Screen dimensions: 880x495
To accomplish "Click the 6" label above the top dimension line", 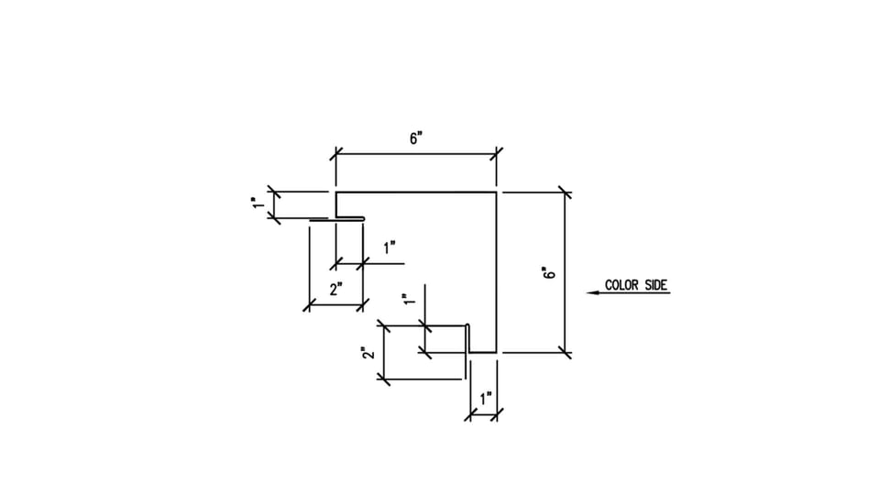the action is (x=416, y=138).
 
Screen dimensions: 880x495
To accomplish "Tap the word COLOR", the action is (x=621, y=285).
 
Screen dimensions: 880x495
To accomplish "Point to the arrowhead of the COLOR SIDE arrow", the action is (x=588, y=292).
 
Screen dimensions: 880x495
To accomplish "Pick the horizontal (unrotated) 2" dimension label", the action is (x=336, y=290).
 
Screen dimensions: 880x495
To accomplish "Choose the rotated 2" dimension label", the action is (x=368, y=353).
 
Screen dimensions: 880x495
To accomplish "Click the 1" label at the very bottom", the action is (x=486, y=399).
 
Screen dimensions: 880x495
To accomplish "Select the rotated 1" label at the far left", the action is (x=258, y=203).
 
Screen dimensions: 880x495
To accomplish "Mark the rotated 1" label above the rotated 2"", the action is (x=411, y=299).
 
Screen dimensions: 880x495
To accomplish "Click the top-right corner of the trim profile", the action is (x=496, y=192).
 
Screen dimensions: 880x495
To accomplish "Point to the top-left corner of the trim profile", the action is (x=336, y=192).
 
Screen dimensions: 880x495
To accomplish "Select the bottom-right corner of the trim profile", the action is (x=496, y=352).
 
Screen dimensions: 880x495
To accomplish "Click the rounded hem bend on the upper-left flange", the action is (x=363, y=219).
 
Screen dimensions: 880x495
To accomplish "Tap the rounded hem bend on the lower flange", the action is (x=467, y=325).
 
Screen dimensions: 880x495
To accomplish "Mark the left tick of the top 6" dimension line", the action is (x=336, y=154).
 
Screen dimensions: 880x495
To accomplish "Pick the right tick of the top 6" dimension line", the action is (x=496, y=154).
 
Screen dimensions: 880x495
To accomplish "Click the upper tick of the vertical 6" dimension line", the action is (x=566, y=192).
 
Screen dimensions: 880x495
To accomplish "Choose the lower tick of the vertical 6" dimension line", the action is (x=566, y=352).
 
